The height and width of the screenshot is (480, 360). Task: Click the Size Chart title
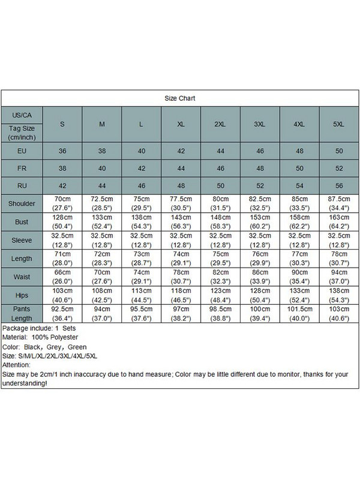180,98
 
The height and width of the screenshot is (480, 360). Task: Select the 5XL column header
339,124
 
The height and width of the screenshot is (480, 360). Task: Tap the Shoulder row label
21,203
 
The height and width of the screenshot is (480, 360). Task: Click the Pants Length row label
21,311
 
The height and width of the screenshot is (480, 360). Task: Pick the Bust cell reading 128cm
62,221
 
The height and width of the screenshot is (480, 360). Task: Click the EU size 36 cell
62,151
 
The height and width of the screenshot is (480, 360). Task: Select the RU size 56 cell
339,185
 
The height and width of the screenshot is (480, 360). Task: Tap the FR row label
21,168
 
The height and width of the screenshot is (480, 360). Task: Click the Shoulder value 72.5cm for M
102,203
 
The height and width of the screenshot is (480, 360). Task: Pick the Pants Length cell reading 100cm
260,311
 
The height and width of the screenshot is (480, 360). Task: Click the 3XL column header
260,124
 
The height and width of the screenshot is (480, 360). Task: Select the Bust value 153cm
260,221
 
